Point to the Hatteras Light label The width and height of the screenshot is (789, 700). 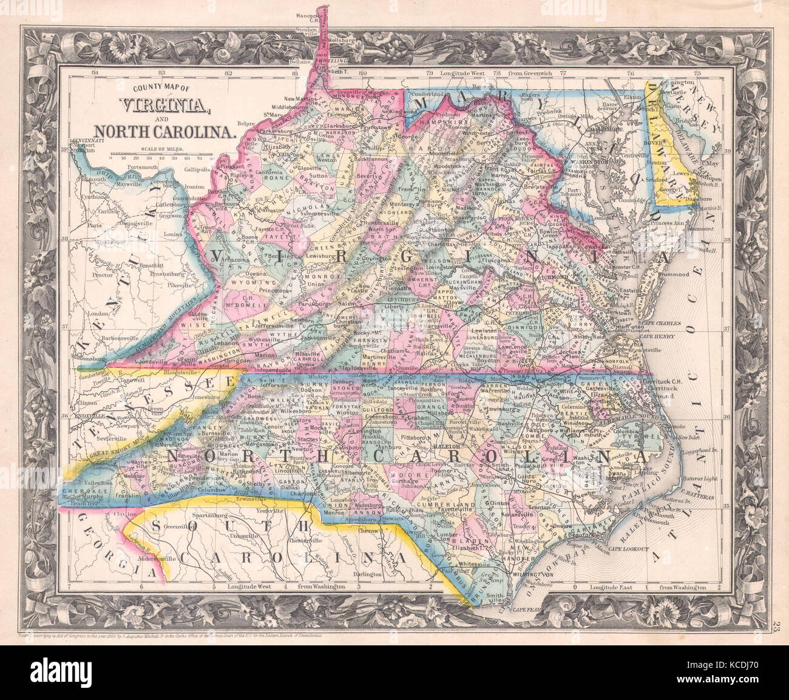click(x=700, y=478)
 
